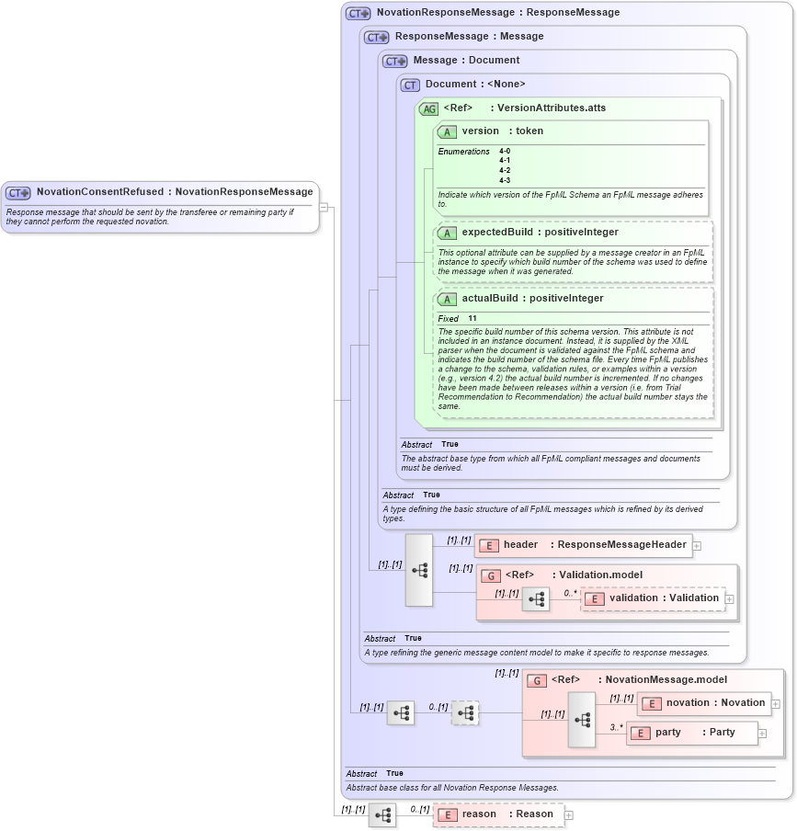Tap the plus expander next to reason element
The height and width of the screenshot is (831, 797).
pyautogui.click(x=569, y=814)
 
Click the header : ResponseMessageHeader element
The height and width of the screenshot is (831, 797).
pyautogui.click(x=583, y=545)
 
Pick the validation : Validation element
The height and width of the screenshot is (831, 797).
pyautogui.click(x=653, y=598)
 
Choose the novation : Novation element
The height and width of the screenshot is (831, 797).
pyautogui.click(x=704, y=703)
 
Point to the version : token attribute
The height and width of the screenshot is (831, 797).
pyautogui.click(x=502, y=131)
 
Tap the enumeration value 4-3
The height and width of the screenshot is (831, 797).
pyautogui.click(x=505, y=180)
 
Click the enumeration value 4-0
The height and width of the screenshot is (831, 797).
pyautogui.click(x=505, y=151)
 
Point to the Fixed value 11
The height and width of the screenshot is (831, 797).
pyautogui.click(x=473, y=319)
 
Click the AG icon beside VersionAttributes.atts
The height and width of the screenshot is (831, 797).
pyautogui.click(x=428, y=108)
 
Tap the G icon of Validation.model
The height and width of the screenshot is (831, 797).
pyautogui.click(x=491, y=575)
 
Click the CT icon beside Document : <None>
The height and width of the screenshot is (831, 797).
pyautogui.click(x=410, y=85)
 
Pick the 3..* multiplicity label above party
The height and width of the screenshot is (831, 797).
pyautogui.click(x=616, y=727)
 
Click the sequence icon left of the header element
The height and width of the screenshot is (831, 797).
pyautogui.click(x=419, y=570)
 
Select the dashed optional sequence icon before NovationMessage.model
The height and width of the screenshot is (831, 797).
pyautogui.click(x=465, y=712)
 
